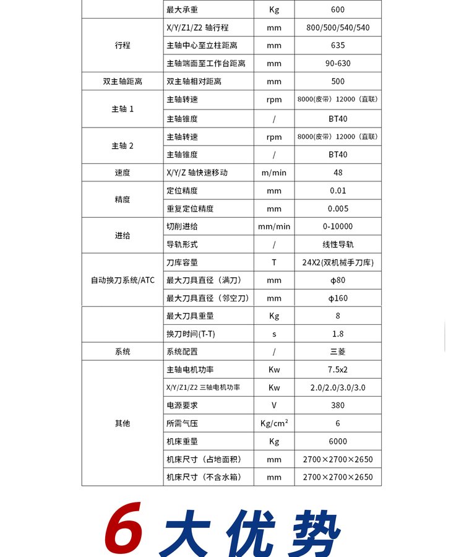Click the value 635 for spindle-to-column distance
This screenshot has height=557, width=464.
[338, 45]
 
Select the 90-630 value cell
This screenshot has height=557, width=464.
[338, 63]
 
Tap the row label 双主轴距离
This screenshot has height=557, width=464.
[122, 81]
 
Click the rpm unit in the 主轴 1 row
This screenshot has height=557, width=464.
[274, 100]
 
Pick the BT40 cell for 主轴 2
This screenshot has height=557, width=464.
[338, 155]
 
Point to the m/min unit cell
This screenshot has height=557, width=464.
[274, 173]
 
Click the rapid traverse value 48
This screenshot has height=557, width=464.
[338, 173]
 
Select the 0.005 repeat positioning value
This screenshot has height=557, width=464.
[338, 209]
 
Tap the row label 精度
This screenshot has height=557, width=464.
[122, 199]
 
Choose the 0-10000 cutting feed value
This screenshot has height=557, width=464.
[338, 227]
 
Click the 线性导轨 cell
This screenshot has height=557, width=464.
[338, 244]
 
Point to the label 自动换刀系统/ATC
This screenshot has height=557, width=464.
[122, 280]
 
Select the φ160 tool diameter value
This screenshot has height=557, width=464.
[338, 298]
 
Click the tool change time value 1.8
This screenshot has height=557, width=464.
[338, 334]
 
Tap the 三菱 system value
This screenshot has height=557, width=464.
[338, 352]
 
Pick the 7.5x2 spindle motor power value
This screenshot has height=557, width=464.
[338, 369]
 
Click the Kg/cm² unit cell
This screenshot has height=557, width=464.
[274, 423]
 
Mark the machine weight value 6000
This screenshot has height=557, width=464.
[338, 441]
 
